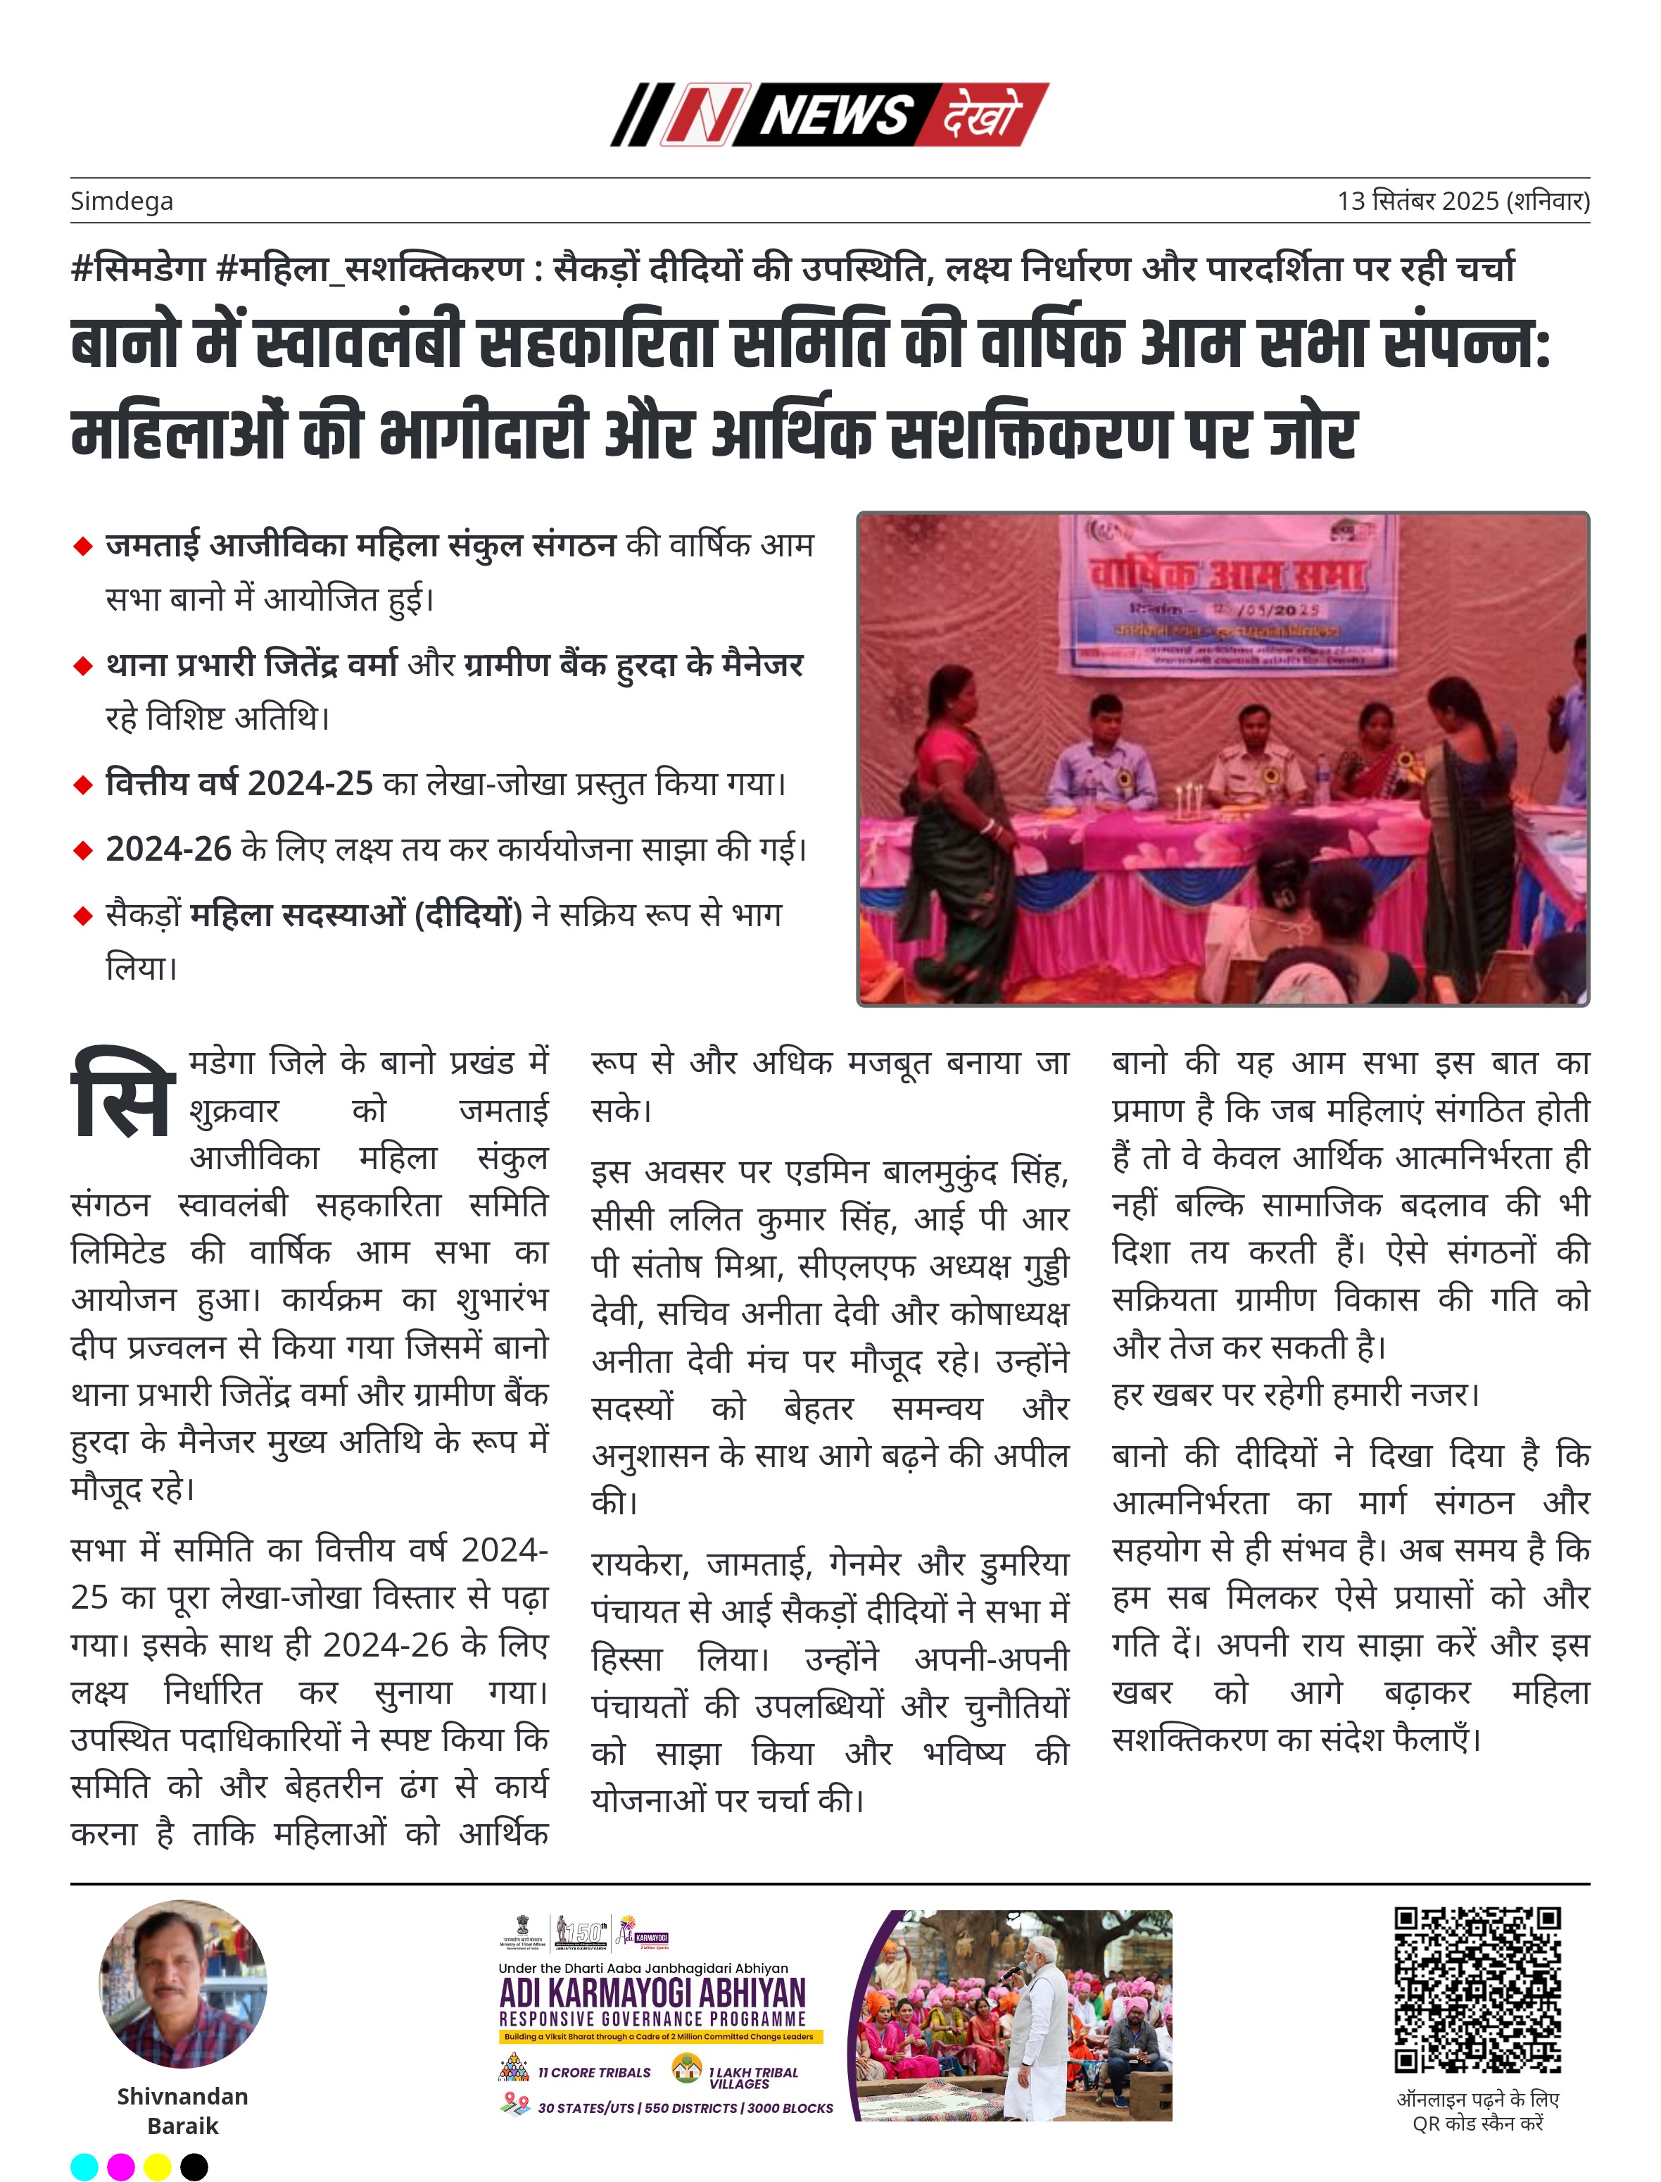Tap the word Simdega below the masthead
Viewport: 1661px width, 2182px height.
[x=122, y=201]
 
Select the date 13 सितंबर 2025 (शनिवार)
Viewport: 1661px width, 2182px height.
[x=1463, y=201]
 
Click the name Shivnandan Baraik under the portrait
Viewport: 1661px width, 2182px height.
[x=183, y=2109]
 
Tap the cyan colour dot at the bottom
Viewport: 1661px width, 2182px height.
[x=85, y=2167]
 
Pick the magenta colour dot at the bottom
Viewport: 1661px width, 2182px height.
[x=120, y=2167]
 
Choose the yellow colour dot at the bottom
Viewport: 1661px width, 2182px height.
[x=157, y=2167]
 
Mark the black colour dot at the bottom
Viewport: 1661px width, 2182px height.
[x=194, y=2167]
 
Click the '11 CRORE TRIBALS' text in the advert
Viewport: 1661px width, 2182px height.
[x=593, y=2072]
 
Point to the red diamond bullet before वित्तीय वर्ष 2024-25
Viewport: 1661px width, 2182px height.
[x=83, y=785]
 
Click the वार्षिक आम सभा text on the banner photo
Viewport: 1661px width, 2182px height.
[x=1226, y=574]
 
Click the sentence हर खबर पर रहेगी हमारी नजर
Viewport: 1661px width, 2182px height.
[x=1295, y=1394]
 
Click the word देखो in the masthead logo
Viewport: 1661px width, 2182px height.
[x=979, y=115]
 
